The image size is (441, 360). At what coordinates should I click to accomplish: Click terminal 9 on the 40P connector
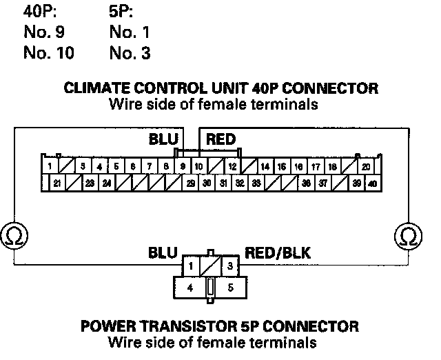tap(183, 167)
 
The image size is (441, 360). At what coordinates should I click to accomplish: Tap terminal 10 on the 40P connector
tap(198, 167)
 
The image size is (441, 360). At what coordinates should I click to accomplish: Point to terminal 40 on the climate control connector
tap(372, 183)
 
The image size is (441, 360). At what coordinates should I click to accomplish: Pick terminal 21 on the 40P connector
tap(57, 183)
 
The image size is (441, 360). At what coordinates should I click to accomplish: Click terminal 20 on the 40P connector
tap(366, 167)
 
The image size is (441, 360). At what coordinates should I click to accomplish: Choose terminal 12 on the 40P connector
tap(233, 167)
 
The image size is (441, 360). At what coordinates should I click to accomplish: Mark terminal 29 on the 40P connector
tap(190, 183)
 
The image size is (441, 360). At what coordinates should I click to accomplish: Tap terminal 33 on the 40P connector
tap(256, 183)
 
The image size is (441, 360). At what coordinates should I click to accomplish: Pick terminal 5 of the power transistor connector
tap(231, 287)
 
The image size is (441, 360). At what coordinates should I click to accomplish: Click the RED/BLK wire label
tap(278, 253)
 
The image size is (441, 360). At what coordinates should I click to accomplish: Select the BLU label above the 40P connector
tap(164, 139)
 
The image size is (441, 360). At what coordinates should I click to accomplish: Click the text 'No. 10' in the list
tap(48, 52)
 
